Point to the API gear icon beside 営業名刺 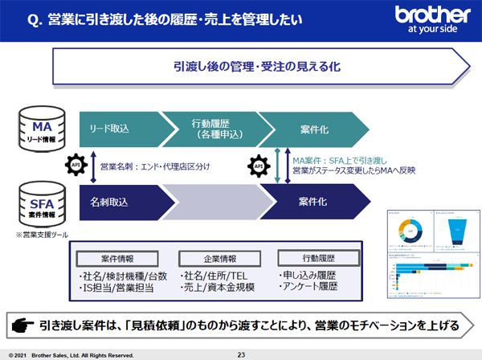[x=79, y=165]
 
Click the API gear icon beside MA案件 [x=258, y=166]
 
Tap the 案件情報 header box [x=118, y=260]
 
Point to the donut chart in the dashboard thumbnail [x=408, y=231]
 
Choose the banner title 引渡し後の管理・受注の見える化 [x=255, y=67]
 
